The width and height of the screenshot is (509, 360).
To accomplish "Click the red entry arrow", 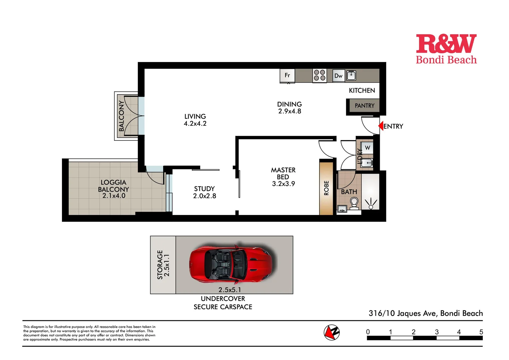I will click(x=380, y=126).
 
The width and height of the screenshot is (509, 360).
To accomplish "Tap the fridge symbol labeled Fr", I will click(x=287, y=76).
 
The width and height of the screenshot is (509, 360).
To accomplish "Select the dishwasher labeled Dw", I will click(x=338, y=76).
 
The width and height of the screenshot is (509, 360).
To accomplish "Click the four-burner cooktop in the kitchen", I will click(x=319, y=75).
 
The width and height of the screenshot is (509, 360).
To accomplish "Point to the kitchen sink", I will click(x=351, y=75).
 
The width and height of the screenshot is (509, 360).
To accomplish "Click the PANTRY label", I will click(x=364, y=106).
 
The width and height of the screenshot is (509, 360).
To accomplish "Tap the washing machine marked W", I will click(x=367, y=148).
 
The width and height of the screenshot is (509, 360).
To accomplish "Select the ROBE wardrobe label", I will click(x=326, y=188).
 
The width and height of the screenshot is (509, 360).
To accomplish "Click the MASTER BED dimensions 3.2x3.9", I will click(x=283, y=184).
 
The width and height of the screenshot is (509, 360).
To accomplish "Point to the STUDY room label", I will click(x=204, y=189).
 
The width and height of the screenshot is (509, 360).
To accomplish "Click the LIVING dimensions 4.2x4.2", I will click(x=195, y=124).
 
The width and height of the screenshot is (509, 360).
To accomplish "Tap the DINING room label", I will click(x=289, y=104).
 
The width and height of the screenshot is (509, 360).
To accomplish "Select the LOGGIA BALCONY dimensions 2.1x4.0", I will click(x=114, y=196).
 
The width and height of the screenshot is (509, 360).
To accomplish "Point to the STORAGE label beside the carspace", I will click(x=160, y=265).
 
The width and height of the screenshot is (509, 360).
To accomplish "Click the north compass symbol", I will click(x=331, y=332).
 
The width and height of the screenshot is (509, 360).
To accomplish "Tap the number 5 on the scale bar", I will click(x=481, y=332).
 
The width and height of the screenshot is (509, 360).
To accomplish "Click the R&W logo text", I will click(x=446, y=44).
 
